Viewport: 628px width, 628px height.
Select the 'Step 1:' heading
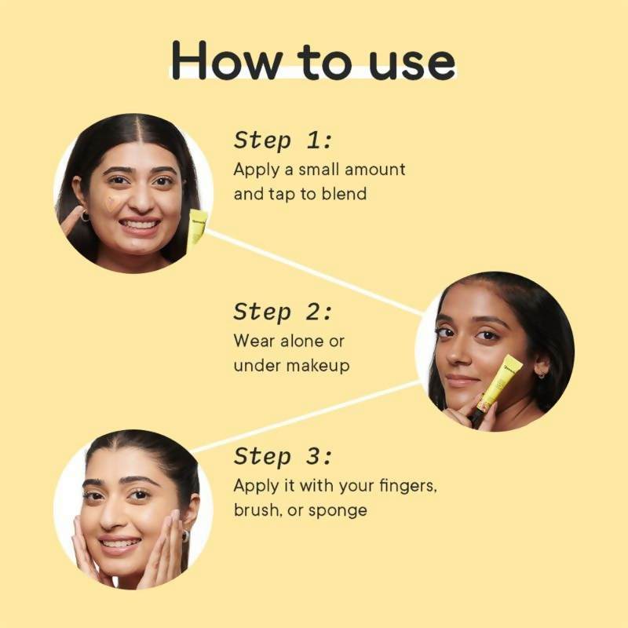click(x=283, y=141)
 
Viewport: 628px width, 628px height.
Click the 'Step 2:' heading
click(x=283, y=311)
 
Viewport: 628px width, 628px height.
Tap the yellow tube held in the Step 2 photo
click(x=500, y=382)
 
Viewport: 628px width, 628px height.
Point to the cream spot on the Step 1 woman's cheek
click(x=112, y=203)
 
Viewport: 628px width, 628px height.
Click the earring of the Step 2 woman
click(x=542, y=374)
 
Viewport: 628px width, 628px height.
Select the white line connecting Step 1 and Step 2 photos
click(x=314, y=271)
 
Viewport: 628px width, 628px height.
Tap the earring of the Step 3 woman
click(x=187, y=535)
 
